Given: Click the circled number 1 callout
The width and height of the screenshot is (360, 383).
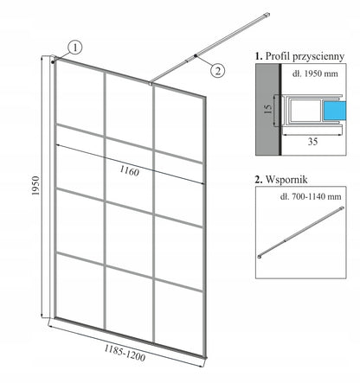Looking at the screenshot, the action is [75, 48].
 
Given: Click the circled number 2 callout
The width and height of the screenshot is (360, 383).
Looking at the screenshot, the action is [217, 70].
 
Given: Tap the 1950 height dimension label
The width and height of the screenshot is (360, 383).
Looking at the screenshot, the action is [35, 186].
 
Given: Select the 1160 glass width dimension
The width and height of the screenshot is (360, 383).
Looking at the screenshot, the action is [129, 171].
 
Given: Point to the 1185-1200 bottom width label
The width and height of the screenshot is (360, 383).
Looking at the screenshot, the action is [125, 353].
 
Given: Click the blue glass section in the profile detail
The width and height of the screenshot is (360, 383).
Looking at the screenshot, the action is [335, 111].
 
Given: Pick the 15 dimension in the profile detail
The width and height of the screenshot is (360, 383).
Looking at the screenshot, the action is [268, 108].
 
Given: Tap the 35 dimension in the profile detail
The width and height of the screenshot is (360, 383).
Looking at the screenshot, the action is [312, 142].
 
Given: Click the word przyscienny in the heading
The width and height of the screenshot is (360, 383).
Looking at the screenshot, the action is [318, 56].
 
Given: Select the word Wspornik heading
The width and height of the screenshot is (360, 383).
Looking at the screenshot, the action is [286, 180].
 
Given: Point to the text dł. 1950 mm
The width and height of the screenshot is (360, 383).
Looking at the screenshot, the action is [315, 73].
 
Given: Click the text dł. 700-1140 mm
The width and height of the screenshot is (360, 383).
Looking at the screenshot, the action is [311, 196].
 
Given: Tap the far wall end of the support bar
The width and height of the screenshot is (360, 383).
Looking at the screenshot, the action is [267, 15].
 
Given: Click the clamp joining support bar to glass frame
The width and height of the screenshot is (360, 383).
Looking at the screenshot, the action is [150, 84].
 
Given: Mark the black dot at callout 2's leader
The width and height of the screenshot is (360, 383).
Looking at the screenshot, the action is [196, 55].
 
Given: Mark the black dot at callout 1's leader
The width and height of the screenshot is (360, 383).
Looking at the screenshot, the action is [53, 61].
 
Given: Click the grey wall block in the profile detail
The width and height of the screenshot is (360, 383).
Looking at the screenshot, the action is [267, 110].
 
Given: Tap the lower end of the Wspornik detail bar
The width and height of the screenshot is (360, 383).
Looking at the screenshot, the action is [260, 257].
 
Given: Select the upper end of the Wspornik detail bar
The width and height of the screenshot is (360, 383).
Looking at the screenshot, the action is [343, 208].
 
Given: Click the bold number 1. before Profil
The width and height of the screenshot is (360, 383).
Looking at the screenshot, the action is [259, 56].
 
